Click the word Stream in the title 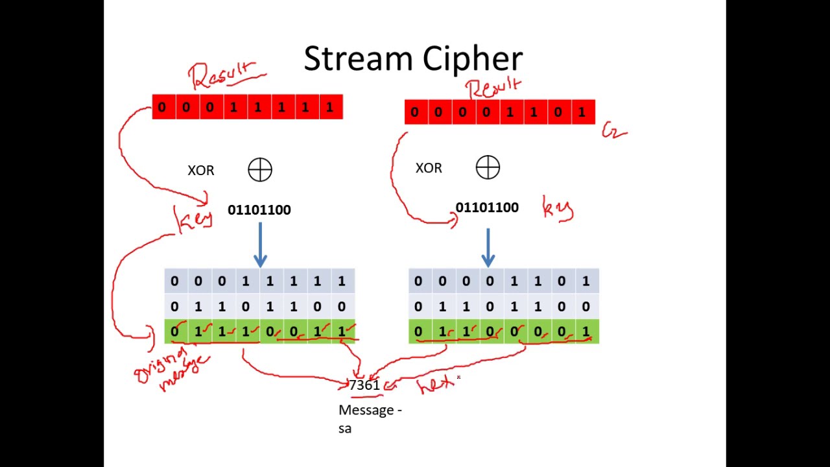(x=353, y=59)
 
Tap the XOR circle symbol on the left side (x=260, y=170)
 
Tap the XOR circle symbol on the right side (x=488, y=167)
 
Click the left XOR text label (x=200, y=171)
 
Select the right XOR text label (x=429, y=168)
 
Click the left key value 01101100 (x=259, y=210)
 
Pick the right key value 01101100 (x=487, y=208)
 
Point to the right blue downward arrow (x=488, y=246)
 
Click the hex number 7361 (x=364, y=385)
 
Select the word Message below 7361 (x=366, y=410)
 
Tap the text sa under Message (x=344, y=428)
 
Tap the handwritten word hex (x=436, y=385)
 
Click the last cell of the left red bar (x=330, y=107)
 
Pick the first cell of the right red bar (x=415, y=112)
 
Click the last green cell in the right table (x=586, y=332)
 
